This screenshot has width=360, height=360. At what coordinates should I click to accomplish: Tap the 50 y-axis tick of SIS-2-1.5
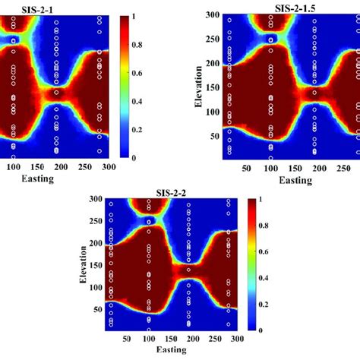[x=214, y=137]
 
